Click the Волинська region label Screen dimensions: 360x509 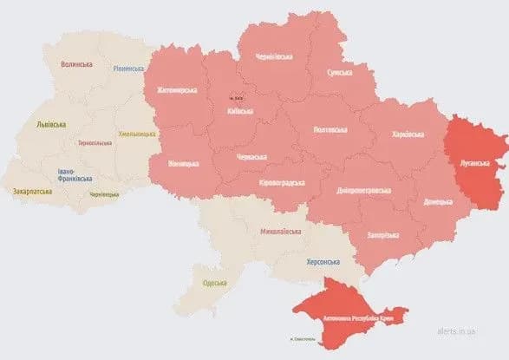click(x=77, y=64)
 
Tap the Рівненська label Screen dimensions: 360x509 click(x=129, y=69)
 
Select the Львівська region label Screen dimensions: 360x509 click(x=51, y=124)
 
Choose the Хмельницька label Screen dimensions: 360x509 click(x=138, y=134)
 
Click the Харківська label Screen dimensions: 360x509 click(x=408, y=134)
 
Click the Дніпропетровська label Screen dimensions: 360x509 click(x=362, y=190)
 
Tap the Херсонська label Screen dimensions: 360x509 click(x=322, y=261)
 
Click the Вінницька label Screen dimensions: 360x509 click(x=184, y=164)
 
